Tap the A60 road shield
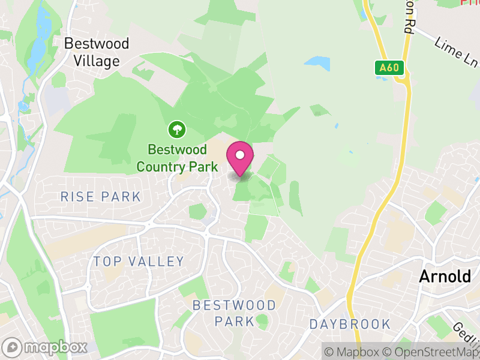click(x=389, y=68)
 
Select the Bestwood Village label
click(x=96, y=52)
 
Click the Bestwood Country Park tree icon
click(x=177, y=128)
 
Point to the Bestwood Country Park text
click(x=177, y=158)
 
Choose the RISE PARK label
click(x=101, y=197)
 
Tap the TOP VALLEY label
click(x=139, y=261)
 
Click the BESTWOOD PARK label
click(x=234, y=313)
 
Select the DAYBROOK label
click(x=350, y=325)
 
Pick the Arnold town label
click(x=445, y=277)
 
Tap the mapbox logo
click(x=46, y=347)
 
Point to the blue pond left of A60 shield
click(x=317, y=62)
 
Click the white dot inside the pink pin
click(x=240, y=155)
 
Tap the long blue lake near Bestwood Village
click(x=38, y=36)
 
